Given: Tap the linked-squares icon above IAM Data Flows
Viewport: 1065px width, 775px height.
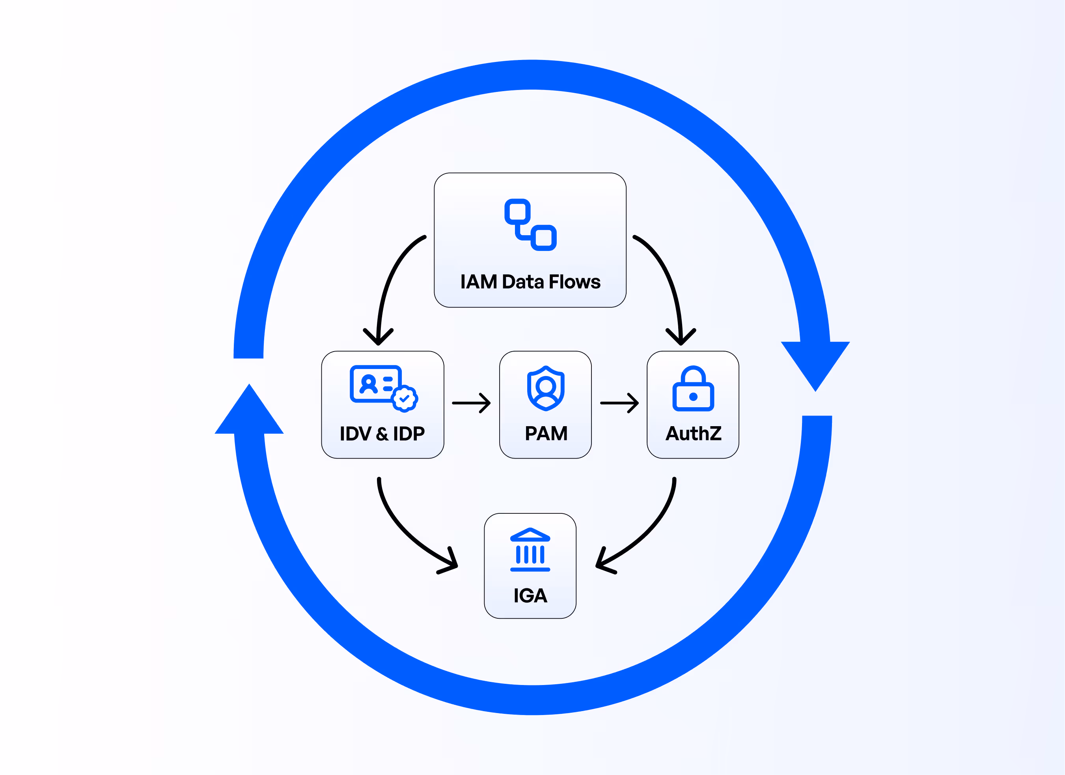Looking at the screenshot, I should (x=530, y=225).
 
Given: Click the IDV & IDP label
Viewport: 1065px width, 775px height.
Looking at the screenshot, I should (x=382, y=433).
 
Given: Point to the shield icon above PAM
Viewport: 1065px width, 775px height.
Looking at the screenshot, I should (x=546, y=388).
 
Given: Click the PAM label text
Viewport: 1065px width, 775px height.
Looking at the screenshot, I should (x=546, y=433).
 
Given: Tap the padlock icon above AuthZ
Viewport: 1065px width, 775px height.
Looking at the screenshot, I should (x=693, y=389).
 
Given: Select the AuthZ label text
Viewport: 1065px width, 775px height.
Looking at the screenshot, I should (x=693, y=433).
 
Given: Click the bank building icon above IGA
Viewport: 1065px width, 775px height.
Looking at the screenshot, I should (x=530, y=549).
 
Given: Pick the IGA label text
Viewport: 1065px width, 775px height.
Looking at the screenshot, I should (x=530, y=595).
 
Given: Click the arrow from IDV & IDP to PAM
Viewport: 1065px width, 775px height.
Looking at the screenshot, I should (x=471, y=403).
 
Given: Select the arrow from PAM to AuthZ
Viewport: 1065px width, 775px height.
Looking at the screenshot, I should (x=619, y=403).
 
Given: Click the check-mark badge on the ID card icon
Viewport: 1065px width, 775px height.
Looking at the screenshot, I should (x=404, y=399).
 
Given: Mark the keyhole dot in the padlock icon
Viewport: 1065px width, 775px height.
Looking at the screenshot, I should (x=693, y=397).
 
